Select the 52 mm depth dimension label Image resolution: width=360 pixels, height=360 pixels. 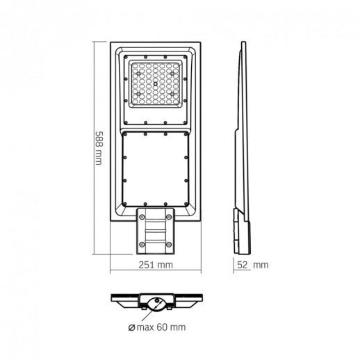point(251,265)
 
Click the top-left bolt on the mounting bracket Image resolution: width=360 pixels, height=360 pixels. point(142,217)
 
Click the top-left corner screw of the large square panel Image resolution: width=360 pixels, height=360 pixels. point(124,136)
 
